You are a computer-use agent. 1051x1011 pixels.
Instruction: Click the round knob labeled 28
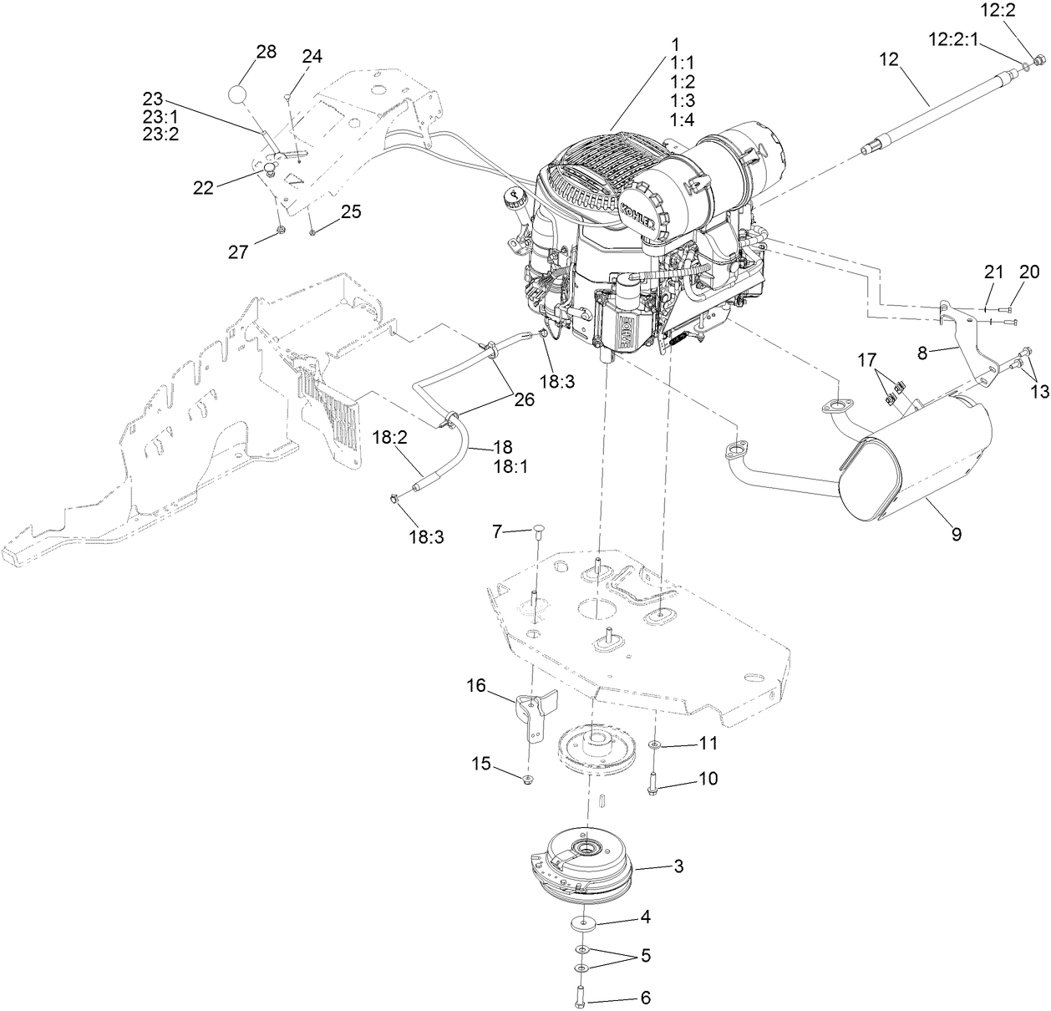click(240, 94)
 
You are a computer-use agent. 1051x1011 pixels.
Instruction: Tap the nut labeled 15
click(528, 780)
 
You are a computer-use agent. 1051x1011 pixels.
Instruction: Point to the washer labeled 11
click(653, 744)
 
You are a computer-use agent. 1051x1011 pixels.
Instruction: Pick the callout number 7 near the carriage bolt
click(497, 531)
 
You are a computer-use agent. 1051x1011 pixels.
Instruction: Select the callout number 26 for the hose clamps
click(523, 399)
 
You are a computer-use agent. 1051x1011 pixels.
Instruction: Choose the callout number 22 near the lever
click(203, 188)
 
